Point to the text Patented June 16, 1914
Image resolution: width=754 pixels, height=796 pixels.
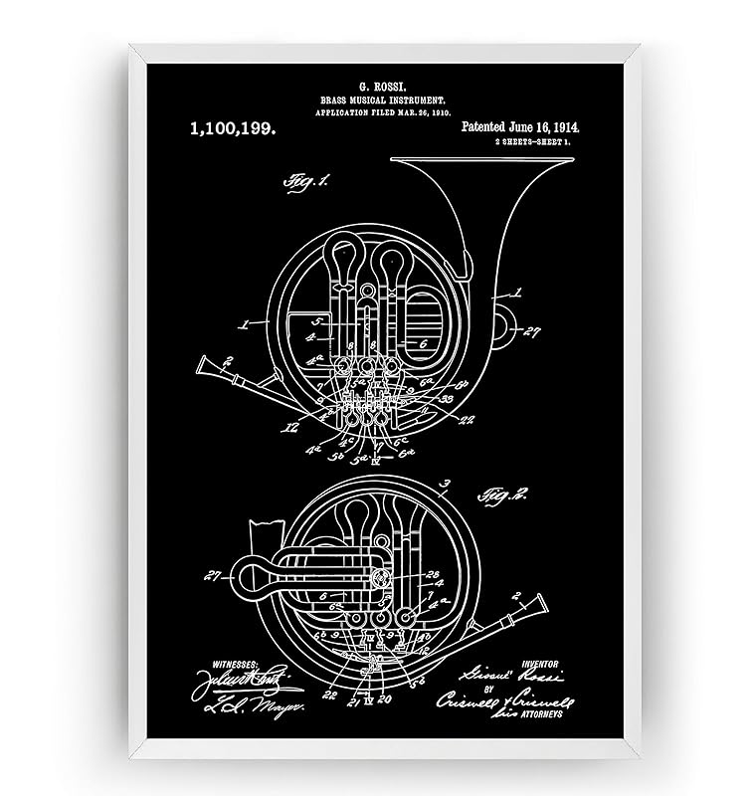[x=520, y=128]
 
